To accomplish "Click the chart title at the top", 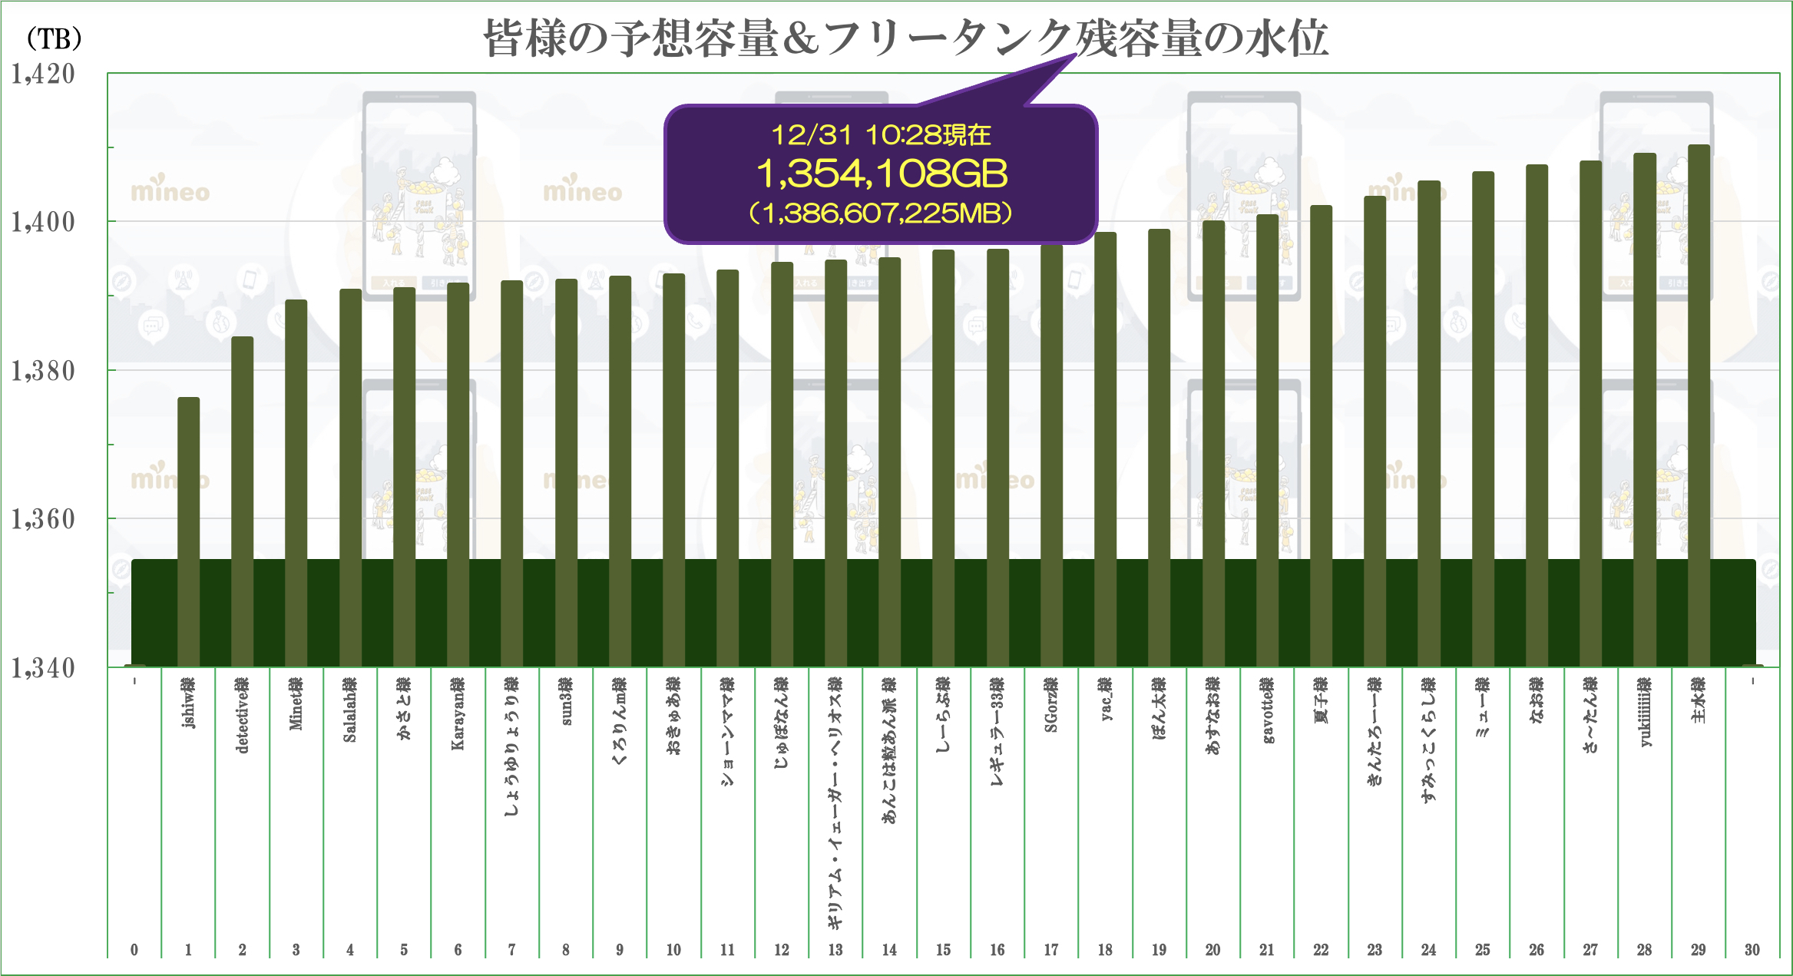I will [906, 38].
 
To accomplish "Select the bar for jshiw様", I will [188, 476].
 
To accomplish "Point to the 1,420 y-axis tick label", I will [43, 74].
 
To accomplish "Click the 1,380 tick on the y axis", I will [43, 372].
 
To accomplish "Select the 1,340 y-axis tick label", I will [43, 668].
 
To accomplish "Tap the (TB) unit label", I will [54, 38].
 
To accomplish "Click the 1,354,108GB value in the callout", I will [882, 174].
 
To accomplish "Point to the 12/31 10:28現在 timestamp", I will [881, 135].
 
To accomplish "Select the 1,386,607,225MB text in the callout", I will [881, 213].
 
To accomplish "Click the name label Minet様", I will [296, 703].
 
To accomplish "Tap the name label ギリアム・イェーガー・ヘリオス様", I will [835, 802].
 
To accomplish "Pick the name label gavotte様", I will [1267, 710].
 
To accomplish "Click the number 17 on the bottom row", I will [1051, 950].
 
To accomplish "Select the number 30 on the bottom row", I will [1752, 950].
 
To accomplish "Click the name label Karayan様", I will [458, 713].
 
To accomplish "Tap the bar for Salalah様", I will [350, 422].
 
